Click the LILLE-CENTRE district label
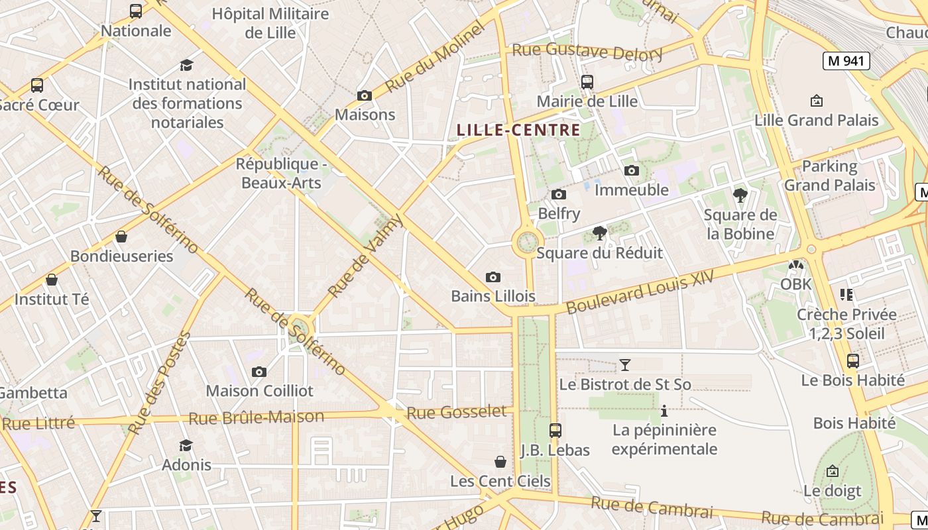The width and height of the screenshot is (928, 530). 518,130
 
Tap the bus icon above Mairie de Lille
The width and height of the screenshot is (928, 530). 587,82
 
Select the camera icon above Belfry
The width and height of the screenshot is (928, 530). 559,194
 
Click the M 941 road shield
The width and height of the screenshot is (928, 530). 846,61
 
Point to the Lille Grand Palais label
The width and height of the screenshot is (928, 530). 817,120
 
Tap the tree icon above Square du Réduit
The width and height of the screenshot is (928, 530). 600,233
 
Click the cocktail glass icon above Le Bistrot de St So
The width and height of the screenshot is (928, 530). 624,364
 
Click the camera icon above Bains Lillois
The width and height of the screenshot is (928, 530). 493,277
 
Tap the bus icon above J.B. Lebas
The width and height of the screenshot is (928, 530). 555,430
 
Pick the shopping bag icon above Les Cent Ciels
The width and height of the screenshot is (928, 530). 500,461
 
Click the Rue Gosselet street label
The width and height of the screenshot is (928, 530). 456,412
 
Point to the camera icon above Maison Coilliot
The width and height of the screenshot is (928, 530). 259,372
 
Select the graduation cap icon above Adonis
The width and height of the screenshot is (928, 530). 186,445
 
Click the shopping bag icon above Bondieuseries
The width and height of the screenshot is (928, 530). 121,237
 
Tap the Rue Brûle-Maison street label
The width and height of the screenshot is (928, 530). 256,417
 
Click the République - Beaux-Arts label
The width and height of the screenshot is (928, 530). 282,174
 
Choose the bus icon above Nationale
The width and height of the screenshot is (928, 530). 136,11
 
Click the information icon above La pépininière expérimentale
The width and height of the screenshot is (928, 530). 664,411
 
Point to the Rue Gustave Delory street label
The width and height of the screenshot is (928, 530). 587,50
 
